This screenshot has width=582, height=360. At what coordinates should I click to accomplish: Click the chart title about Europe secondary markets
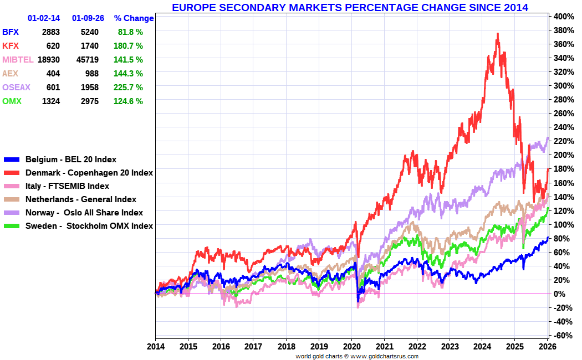pos(350,7)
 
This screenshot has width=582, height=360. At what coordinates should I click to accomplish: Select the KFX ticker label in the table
pos(11,46)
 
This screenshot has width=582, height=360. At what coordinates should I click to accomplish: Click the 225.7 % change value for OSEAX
pos(130,88)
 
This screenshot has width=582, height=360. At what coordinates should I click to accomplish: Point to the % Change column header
pos(134,18)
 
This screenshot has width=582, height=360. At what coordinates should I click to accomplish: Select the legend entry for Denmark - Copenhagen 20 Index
pos(89,173)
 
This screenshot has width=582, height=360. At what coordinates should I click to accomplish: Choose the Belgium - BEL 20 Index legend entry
pos(71,160)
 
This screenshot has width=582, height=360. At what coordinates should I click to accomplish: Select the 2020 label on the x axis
pos(351,347)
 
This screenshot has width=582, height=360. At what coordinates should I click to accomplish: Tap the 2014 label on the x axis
pos(155,347)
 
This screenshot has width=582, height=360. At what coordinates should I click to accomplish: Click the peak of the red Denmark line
pos(498,34)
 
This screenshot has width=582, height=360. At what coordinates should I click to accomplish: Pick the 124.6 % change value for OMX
pos(130,101)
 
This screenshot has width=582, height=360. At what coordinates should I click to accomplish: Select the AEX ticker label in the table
pos(11,74)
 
